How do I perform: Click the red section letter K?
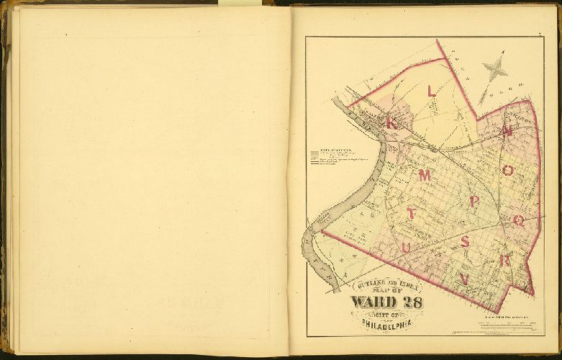pyautogui.click(x=391, y=122)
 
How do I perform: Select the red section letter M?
pyautogui.click(x=425, y=176)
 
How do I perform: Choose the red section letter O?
pyautogui.click(x=508, y=170)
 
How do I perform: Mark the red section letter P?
pyautogui.click(x=473, y=202)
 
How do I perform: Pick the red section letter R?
pyautogui.click(x=506, y=261)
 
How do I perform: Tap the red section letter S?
pyautogui.click(x=466, y=242)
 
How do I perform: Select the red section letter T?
pyautogui.click(x=411, y=214)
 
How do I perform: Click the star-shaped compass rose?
pyautogui.click(x=495, y=68)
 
